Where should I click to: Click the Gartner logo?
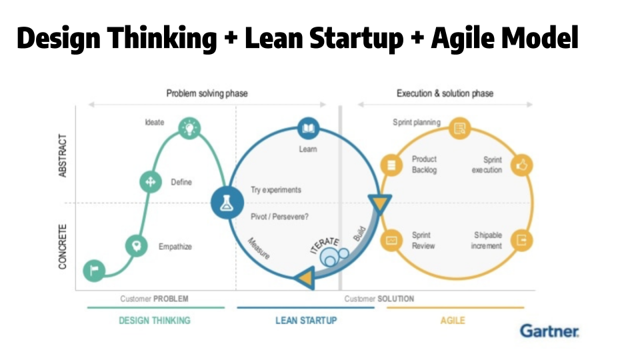(549, 331)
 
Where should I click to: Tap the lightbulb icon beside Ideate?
(190, 126)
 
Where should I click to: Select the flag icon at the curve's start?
(94, 270)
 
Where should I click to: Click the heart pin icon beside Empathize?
(137, 246)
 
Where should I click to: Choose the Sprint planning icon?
(459, 129)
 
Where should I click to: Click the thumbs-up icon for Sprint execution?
(521, 165)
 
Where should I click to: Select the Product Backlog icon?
(390, 164)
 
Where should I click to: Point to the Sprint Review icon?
(391, 240)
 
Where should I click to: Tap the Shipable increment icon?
(521, 241)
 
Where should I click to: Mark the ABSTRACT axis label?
(63, 155)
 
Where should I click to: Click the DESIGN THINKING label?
(155, 320)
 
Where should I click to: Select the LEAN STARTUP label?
(306, 320)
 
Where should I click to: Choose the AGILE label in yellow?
(453, 320)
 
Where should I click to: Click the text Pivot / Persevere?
(279, 216)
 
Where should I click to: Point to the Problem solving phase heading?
(207, 93)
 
